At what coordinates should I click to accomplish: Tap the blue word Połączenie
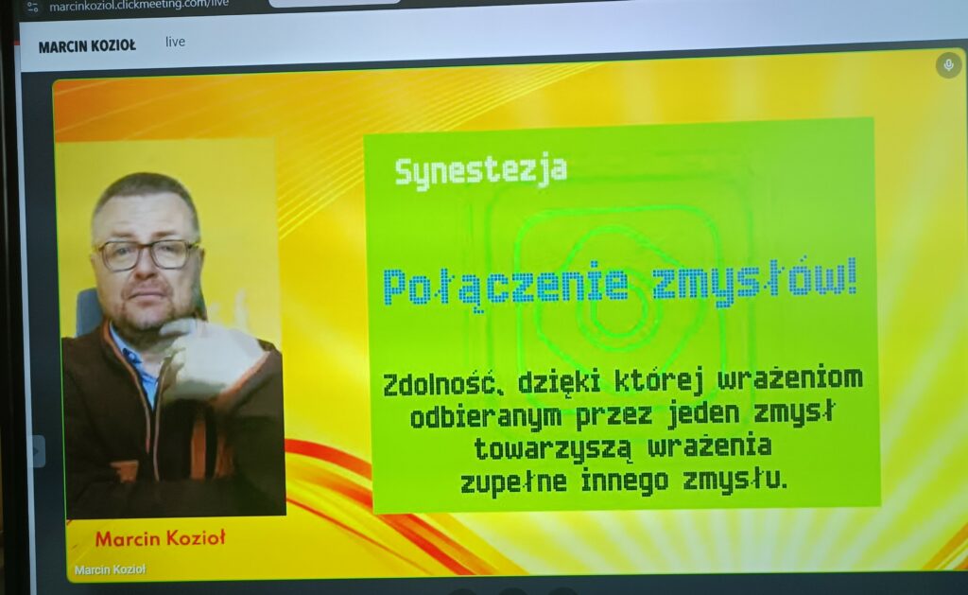pyautogui.click(x=506, y=286)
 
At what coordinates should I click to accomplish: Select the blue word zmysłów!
pyautogui.click(x=754, y=282)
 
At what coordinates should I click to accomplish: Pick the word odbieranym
pyautogui.click(x=486, y=418)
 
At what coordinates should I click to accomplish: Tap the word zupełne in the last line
pyautogui.click(x=513, y=482)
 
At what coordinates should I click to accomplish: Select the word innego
pyautogui.click(x=625, y=481)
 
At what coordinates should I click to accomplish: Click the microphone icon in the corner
pyautogui.click(x=949, y=65)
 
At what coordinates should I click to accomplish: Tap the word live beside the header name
pyautogui.click(x=175, y=42)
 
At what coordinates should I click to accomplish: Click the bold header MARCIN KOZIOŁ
pyautogui.click(x=87, y=46)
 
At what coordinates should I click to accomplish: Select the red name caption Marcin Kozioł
pyautogui.click(x=161, y=539)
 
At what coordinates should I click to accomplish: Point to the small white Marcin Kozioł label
pyautogui.click(x=110, y=569)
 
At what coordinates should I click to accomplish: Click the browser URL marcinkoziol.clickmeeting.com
pyautogui.click(x=139, y=5)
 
